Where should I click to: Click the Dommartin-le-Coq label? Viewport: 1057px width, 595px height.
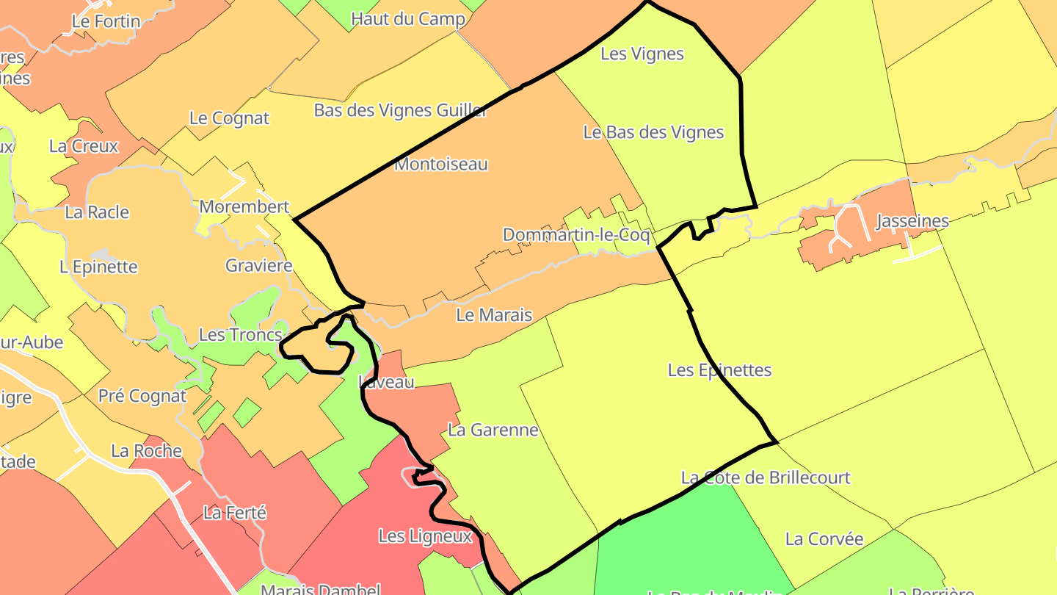point(576,236)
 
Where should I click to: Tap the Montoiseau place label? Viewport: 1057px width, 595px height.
point(441,164)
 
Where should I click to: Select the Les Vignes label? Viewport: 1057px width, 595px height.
point(642,54)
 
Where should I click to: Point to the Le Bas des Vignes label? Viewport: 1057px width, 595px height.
point(653,132)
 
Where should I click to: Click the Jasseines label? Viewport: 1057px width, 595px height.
point(912,221)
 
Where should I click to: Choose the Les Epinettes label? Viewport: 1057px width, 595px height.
point(719,370)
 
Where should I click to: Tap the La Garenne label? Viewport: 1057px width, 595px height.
point(493,430)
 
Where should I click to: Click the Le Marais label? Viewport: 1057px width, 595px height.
point(494,315)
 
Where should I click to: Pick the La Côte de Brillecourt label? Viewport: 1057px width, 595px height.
point(766,477)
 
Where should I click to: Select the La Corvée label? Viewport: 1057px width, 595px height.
point(824,539)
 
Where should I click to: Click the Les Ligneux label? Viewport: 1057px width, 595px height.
point(425,536)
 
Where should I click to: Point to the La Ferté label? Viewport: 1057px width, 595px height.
point(235,513)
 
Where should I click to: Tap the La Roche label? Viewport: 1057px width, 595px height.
point(146,450)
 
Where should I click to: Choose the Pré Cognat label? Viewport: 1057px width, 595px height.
point(142,396)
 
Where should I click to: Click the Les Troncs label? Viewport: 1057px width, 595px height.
point(241,336)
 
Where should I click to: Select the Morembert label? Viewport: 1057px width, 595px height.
point(244,207)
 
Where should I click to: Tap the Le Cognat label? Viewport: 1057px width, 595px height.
point(229,118)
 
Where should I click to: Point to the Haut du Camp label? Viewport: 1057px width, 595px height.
point(408,19)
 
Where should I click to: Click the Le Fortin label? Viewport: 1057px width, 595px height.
point(106,21)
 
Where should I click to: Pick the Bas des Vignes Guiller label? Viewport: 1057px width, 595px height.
point(401,110)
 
